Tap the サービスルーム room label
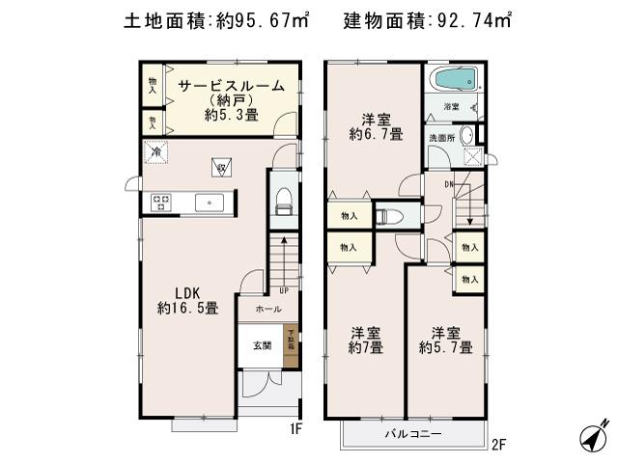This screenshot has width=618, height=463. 231,86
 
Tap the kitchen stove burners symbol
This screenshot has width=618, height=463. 160,203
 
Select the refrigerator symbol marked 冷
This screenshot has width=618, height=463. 154,150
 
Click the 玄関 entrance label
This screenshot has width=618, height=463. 263,345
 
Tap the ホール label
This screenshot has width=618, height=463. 269,310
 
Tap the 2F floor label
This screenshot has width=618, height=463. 498,445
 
